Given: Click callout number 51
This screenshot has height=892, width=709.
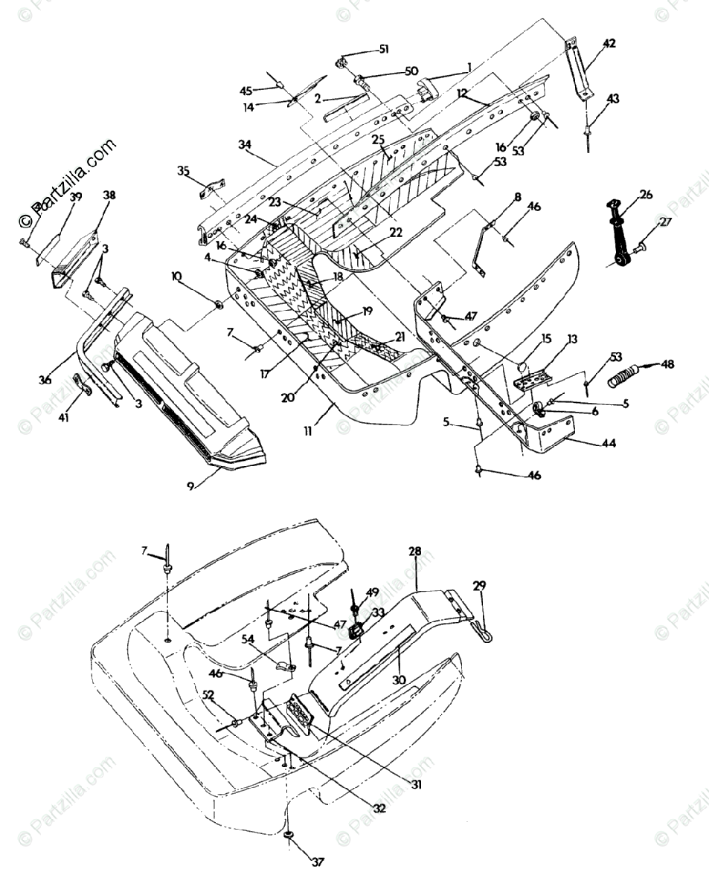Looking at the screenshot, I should (384, 49).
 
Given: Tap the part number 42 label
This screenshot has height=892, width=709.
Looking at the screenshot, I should (609, 44).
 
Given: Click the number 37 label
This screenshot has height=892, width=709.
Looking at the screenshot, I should (318, 862).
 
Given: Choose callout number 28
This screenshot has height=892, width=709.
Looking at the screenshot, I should (414, 552).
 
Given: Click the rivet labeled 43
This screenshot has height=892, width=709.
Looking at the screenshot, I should (588, 138).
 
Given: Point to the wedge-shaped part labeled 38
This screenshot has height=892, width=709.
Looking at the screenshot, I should (74, 256).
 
